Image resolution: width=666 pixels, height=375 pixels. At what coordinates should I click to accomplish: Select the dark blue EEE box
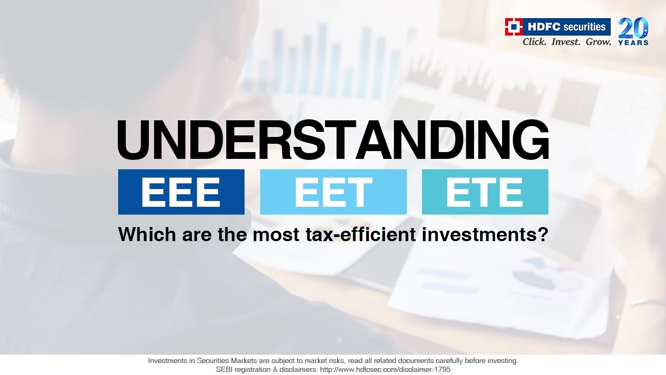point(181,192)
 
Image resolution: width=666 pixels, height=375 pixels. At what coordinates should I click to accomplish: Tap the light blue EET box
point(333,192)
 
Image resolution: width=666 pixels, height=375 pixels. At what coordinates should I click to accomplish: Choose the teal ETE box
point(485,192)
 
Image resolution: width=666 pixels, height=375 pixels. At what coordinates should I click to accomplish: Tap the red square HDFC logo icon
point(514,27)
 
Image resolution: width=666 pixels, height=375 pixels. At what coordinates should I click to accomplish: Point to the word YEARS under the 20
point(633,43)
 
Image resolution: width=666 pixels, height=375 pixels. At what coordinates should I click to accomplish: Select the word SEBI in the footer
point(224,369)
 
